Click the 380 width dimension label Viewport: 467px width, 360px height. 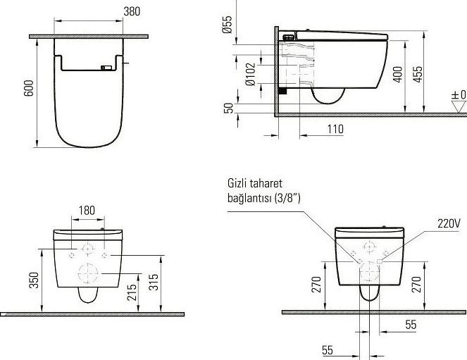tap(132, 11)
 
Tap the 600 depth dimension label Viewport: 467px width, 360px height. tap(29, 88)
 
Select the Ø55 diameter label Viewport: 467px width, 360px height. tap(228, 25)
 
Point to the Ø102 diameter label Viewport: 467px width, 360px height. tap(251, 74)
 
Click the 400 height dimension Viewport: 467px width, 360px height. tap(397, 75)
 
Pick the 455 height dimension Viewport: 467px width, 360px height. tap(418, 75)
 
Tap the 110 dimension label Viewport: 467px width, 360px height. tap(335, 129)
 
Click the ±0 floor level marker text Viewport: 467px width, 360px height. tap(459, 95)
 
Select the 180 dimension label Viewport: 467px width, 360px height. tap(87, 211)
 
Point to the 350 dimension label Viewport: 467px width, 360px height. tap(34, 280)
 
